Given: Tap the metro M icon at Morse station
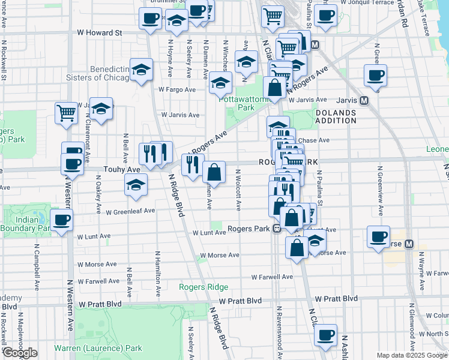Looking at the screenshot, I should pyautogui.click(x=409, y=244).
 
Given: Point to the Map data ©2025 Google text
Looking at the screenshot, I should pyautogui.click(x=412, y=355).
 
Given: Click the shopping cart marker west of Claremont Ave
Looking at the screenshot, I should pyautogui.click(x=67, y=112).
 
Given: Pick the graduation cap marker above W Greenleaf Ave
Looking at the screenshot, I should pyautogui.click(x=136, y=184).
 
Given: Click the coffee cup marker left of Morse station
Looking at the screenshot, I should pyautogui.click(x=378, y=237).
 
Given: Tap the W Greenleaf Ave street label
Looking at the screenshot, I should pyautogui.click(x=130, y=211).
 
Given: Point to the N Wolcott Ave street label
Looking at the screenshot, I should pyautogui.click(x=238, y=190).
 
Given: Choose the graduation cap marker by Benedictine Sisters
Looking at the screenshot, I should pyautogui.click(x=141, y=71).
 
